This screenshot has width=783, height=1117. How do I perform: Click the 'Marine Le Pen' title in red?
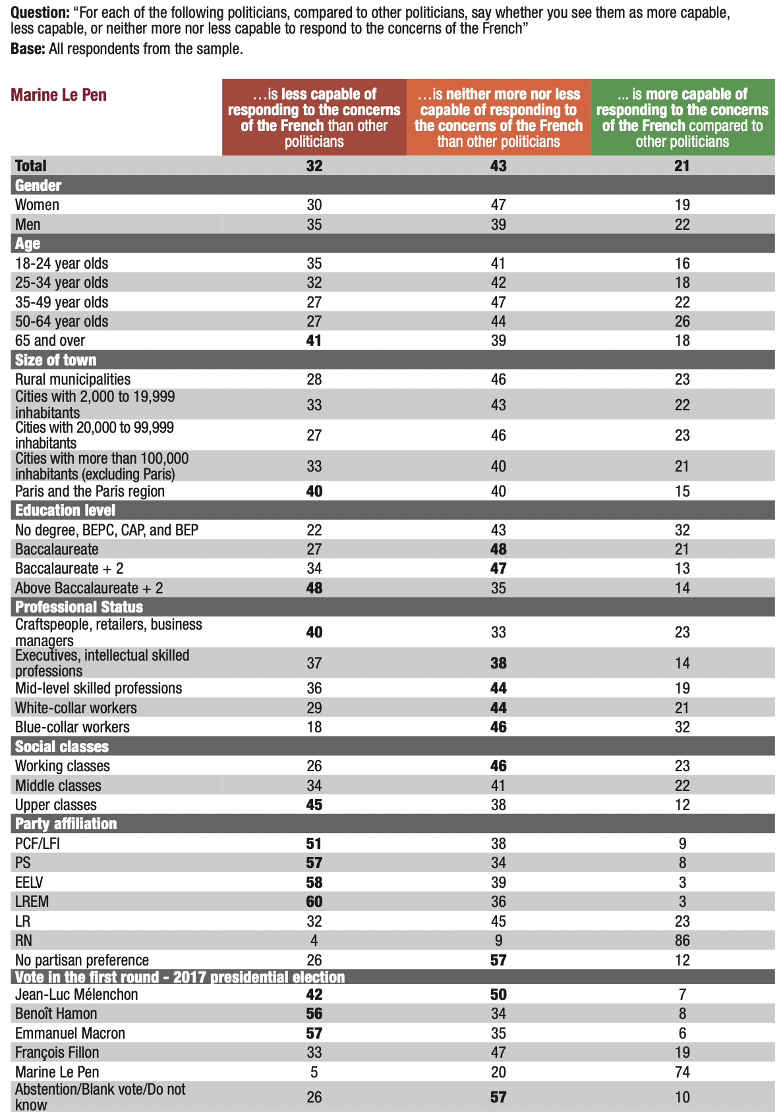coord(59,95)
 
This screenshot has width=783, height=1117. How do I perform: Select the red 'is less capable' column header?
coord(314,118)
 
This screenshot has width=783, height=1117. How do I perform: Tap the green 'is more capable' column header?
coord(682,118)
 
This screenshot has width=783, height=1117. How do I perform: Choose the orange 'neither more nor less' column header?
coord(498,118)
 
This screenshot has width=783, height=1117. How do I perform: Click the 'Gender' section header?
coord(38,186)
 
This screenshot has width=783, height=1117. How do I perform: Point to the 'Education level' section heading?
coord(65,510)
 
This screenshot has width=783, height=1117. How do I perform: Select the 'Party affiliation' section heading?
coord(66,824)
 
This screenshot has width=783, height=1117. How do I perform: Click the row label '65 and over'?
coord(50,341)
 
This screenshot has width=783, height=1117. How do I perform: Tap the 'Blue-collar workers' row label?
coord(72,727)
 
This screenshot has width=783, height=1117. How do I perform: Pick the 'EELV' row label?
coord(29,883)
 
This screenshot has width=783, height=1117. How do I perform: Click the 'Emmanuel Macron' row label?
coord(70,1033)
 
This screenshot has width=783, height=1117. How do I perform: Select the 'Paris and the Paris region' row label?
coord(90,491)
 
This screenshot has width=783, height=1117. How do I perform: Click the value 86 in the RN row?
coord(682,940)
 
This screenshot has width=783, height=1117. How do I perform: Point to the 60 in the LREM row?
coord(314,902)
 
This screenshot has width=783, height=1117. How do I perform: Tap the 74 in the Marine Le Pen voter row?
coord(682,1072)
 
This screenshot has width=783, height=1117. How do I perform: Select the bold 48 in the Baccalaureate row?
coord(498,549)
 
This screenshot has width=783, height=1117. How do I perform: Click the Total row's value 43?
coord(498,166)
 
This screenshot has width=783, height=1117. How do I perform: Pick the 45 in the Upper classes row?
coord(314,805)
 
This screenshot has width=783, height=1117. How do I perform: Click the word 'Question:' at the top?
coord(40,13)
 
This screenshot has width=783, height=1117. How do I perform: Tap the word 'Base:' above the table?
coord(28,49)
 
